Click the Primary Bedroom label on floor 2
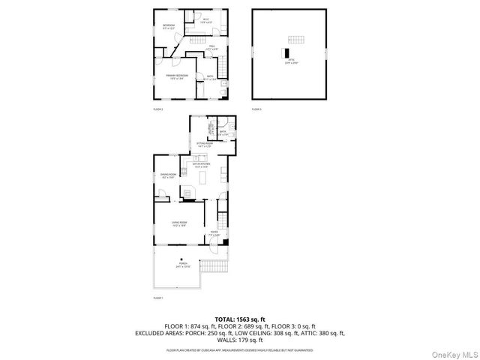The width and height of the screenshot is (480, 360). (x=176, y=76)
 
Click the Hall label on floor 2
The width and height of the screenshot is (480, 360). (x=212, y=48)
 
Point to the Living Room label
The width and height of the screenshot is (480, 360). (x=179, y=223)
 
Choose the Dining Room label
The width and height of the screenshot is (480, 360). (x=168, y=175)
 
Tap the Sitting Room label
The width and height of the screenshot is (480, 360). (x=205, y=144)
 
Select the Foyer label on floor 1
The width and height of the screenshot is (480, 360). (x=214, y=234)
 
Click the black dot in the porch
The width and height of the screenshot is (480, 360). (x=181, y=260)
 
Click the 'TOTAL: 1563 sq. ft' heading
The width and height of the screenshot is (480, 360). (x=239, y=319)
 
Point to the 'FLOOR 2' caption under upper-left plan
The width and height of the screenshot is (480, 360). (x=158, y=109)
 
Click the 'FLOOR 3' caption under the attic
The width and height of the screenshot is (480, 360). (x=256, y=109)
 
